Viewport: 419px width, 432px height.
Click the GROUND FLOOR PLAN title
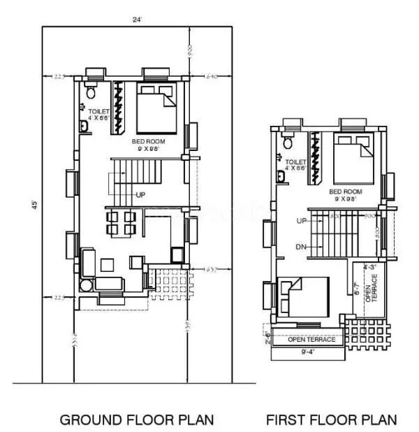point(136,419)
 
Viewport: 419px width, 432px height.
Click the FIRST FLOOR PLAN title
point(331,419)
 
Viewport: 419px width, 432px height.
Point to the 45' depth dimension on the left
point(33,205)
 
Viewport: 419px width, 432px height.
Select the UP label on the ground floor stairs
point(140,195)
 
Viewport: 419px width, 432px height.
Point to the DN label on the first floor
point(302,246)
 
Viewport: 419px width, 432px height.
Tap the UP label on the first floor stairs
point(302,221)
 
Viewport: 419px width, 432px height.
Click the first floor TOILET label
point(296,164)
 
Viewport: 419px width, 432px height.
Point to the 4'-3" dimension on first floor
point(369,266)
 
